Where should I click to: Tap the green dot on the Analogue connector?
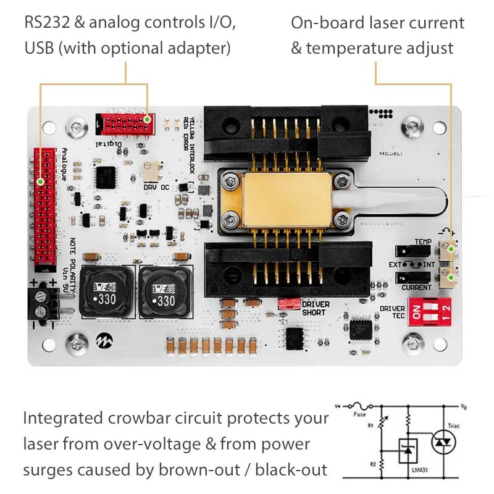click(41, 182)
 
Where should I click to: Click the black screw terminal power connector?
click(41, 305)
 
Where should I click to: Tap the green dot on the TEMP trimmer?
click(451, 249)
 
